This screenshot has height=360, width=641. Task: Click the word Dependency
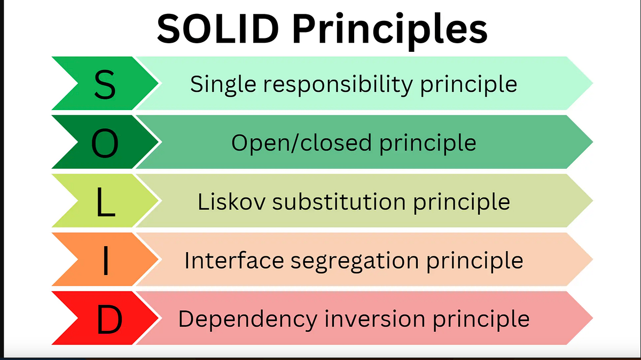(245, 319)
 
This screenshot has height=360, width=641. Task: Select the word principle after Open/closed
(427, 143)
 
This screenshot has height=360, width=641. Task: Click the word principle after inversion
(481, 319)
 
